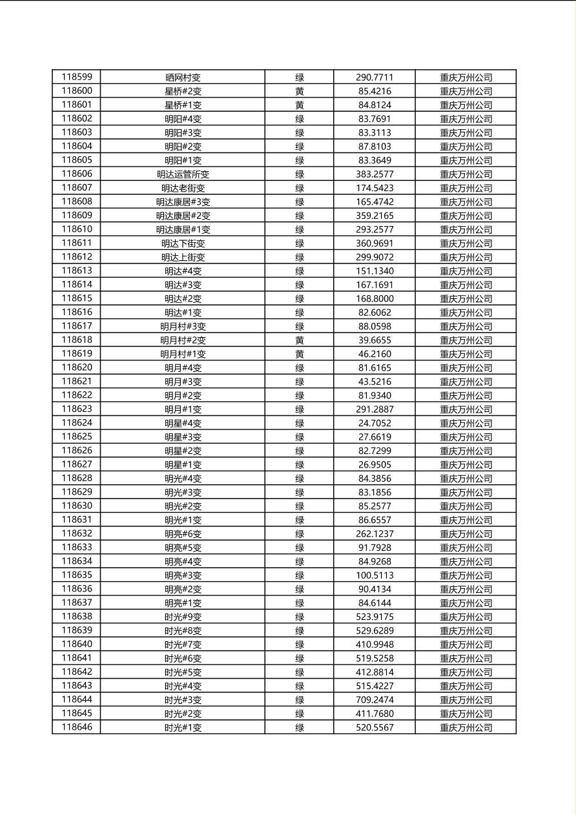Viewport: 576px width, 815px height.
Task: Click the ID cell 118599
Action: click(77, 77)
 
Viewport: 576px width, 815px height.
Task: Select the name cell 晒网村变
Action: click(183, 77)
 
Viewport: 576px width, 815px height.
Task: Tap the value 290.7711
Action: click(374, 77)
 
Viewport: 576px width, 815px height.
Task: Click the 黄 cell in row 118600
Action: click(300, 91)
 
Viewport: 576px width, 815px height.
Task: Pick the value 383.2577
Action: click(374, 174)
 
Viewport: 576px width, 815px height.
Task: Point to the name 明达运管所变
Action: click(183, 174)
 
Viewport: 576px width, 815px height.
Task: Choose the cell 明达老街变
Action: click(183, 188)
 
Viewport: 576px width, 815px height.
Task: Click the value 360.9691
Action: click(374, 243)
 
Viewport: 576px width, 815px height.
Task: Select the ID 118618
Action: click(77, 340)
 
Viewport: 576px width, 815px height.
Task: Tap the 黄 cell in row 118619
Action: click(300, 354)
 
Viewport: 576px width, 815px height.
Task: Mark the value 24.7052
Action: click(374, 423)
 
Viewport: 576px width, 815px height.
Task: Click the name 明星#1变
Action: click(183, 465)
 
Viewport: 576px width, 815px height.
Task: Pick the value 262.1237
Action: click(374, 534)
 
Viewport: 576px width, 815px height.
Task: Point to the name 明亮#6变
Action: click(183, 534)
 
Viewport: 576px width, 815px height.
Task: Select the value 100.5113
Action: click(374, 575)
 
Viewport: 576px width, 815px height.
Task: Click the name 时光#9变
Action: click(183, 617)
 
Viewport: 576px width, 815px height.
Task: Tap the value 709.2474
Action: click(374, 700)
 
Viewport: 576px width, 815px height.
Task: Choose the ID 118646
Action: click(77, 727)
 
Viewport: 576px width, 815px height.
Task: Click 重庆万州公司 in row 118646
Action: click(466, 728)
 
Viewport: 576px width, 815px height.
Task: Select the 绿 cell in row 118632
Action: click(300, 534)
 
